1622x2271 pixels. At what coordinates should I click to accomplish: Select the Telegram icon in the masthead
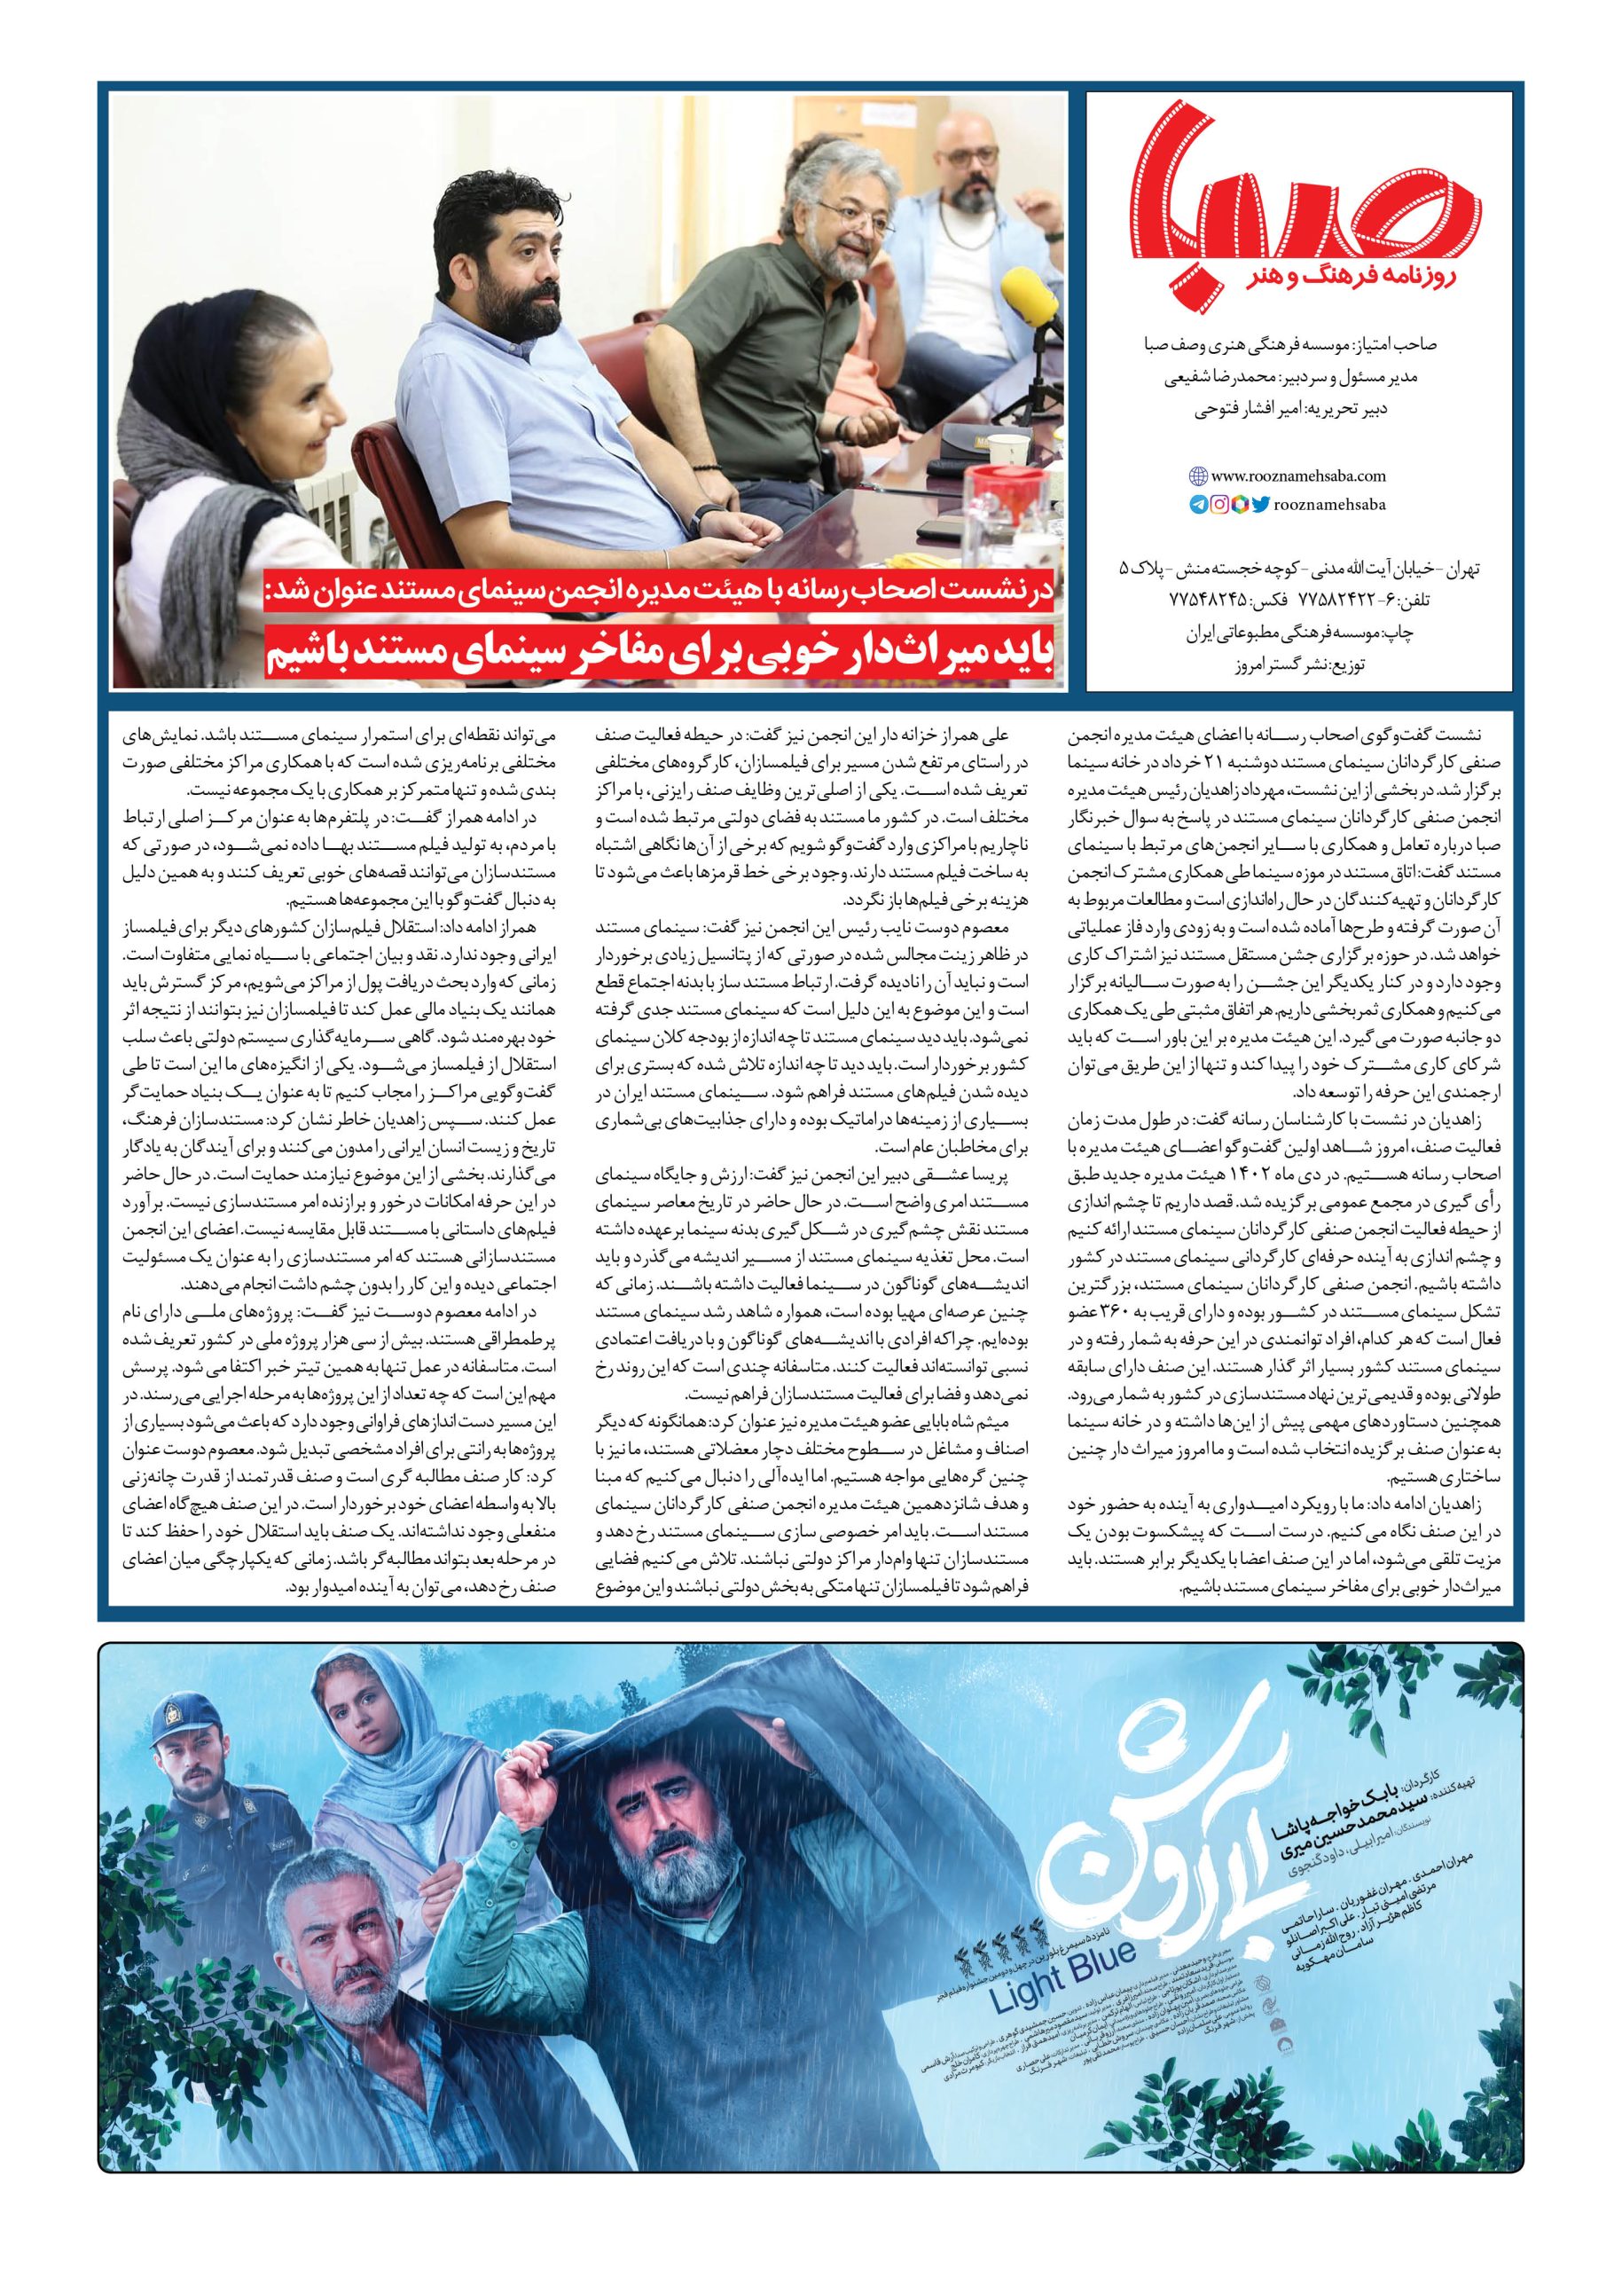(1197, 505)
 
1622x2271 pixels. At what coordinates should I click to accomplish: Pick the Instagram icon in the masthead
(1218, 505)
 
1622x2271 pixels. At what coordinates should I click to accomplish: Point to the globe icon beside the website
(1197, 476)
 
